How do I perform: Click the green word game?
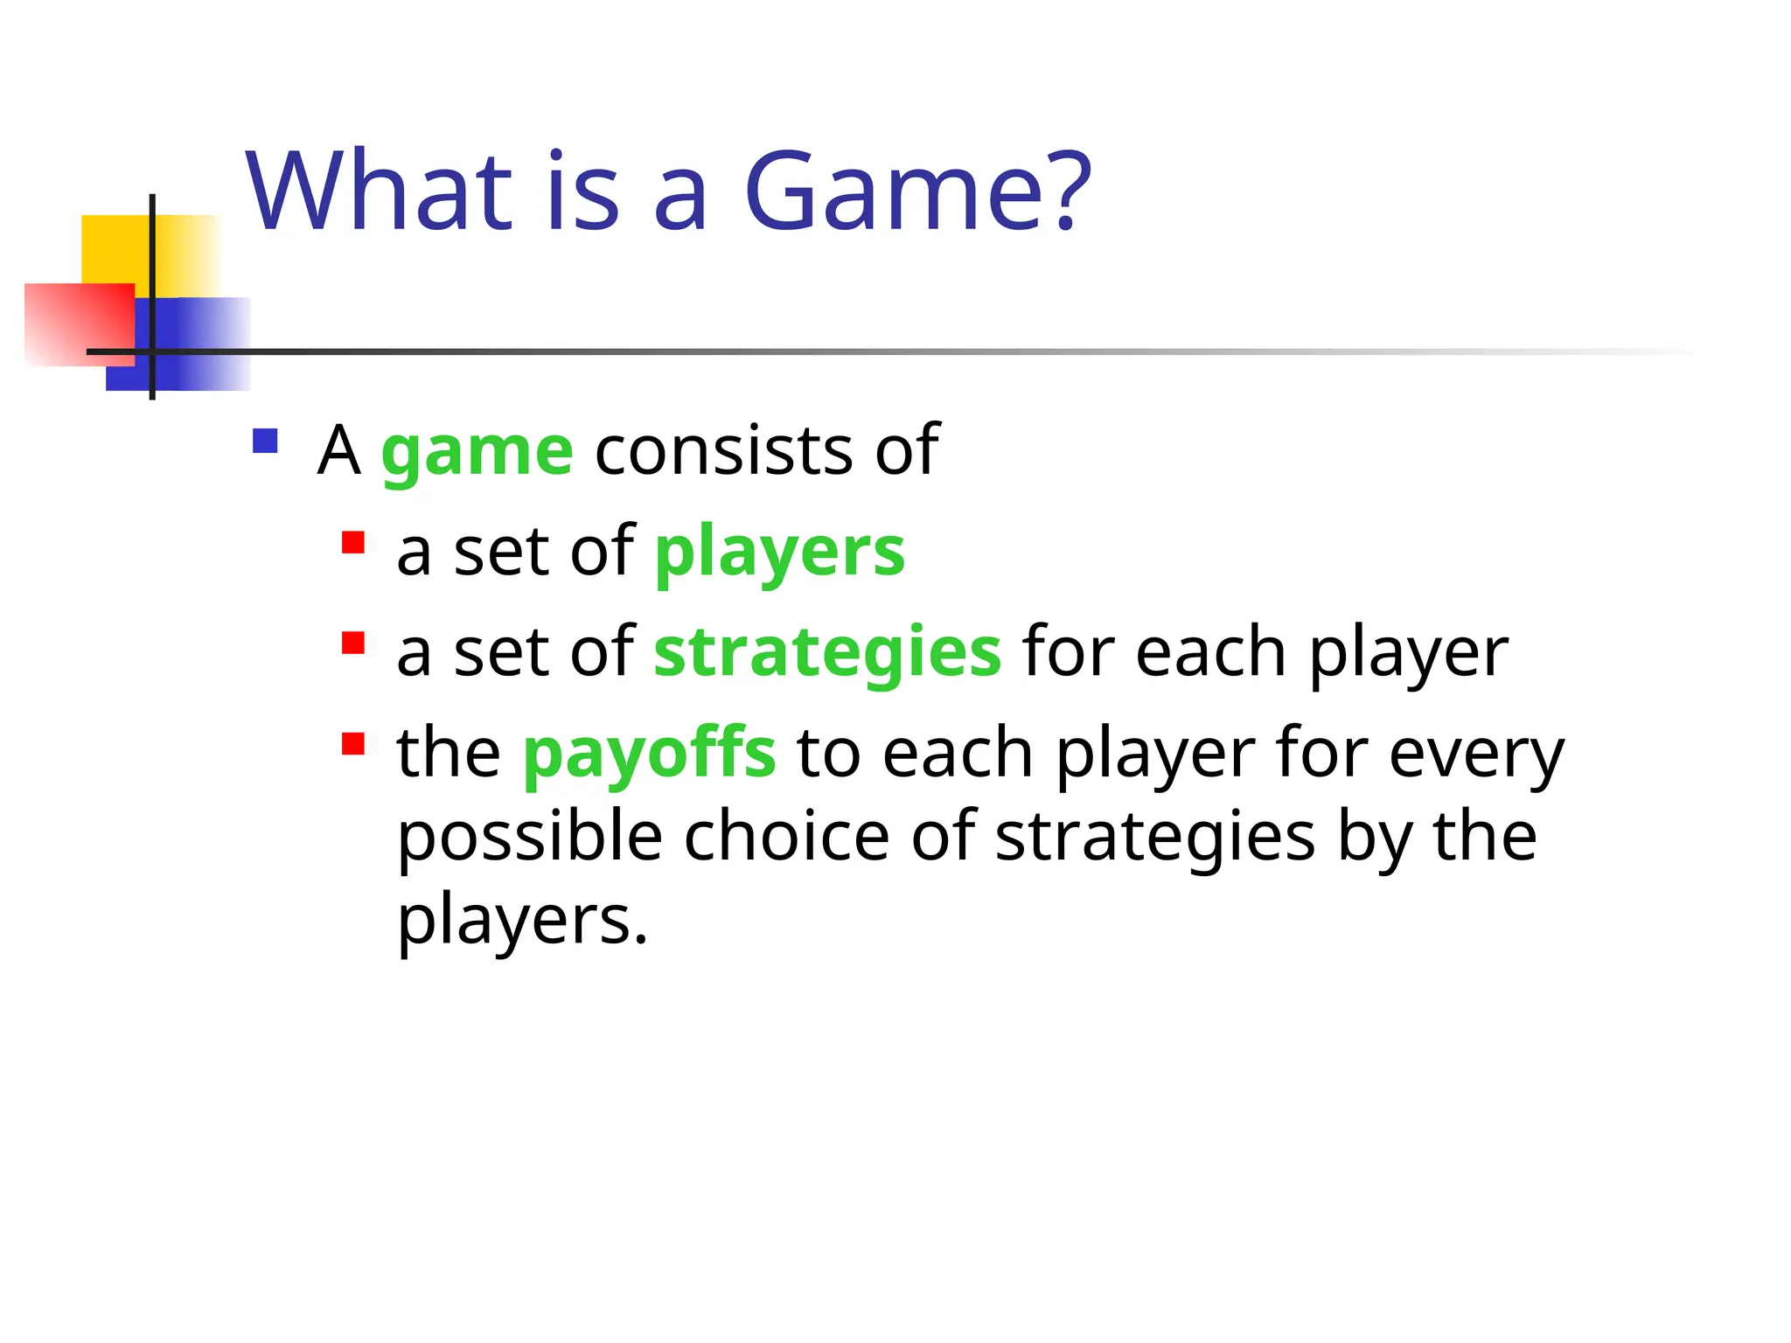tap(477, 452)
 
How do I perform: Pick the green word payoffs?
tap(649, 754)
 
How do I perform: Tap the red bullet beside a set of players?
tap(353, 543)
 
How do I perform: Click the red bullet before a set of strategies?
tap(353, 644)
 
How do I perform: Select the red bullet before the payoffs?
tap(353, 744)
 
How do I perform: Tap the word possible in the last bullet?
tap(530, 838)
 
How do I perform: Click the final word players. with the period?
tap(522, 922)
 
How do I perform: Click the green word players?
tap(779, 553)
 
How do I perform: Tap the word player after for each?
tap(1408, 654)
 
